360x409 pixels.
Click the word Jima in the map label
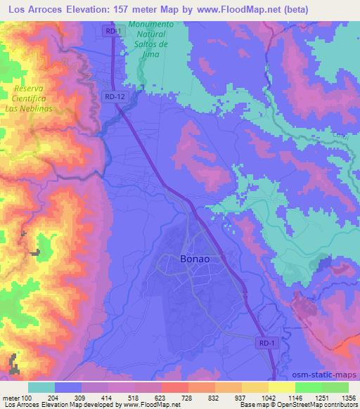coord(157,53)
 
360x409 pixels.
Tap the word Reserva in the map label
coord(29,90)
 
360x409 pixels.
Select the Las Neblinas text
coord(32,110)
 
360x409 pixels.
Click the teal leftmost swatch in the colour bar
coord(41,387)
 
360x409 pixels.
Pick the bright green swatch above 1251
coord(308,387)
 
